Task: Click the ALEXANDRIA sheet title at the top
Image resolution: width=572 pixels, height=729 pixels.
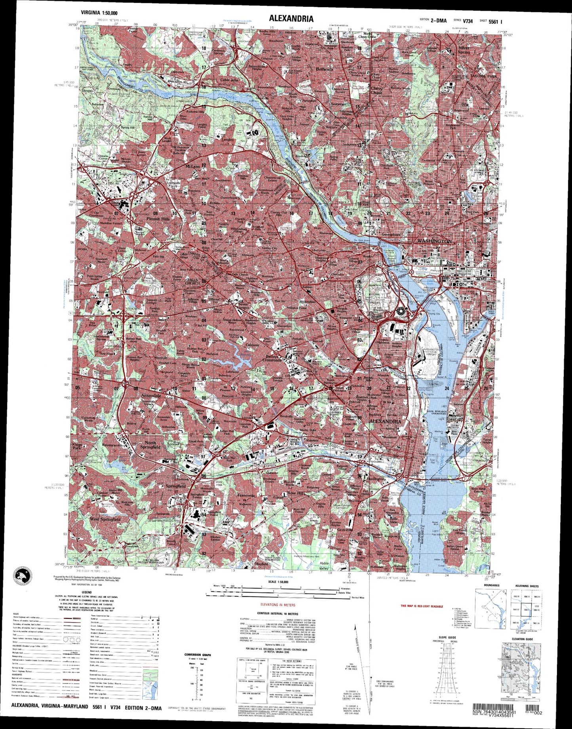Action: pyautogui.click(x=291, y=19)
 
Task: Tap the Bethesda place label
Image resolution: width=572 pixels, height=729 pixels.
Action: pyautogui.click(x=325, y=69)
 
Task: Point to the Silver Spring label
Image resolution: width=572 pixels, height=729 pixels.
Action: pyautogui.click(x=464, y=50)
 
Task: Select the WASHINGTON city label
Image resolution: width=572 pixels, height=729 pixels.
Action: pyautogui.click(x=434, y=241)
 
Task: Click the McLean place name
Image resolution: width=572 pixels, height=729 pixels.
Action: pyautogui.click(x=193, y=167)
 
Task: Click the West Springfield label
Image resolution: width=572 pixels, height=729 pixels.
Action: pyautogui.click(x=105, y=519)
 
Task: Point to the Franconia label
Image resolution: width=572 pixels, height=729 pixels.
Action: pyautogui.click(x=246, y=495)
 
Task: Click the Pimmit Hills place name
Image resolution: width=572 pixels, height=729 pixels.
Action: pyautogui.click(x=158, y=218)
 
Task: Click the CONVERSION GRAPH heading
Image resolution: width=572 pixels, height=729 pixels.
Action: pyautogui.click(x=198, y=655)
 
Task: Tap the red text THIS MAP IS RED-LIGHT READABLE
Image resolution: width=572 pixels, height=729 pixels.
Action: pyautogui.click(x=422, y=606)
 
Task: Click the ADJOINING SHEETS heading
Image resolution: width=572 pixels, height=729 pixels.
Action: pyautogui.click(x=527, y=585)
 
